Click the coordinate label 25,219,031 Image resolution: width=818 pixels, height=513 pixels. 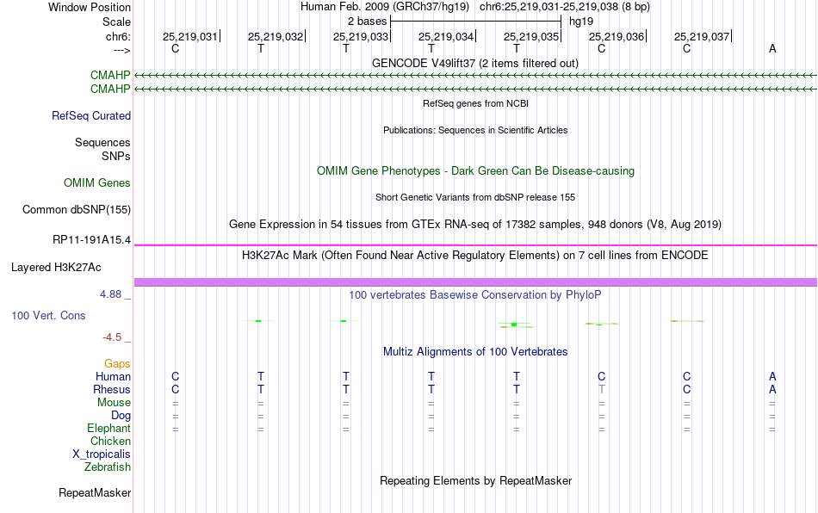point(190,36)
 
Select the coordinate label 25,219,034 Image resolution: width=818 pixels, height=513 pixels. point(445,36)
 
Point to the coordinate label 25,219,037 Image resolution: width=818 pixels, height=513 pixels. point(701,36)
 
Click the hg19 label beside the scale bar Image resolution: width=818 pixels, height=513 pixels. point(581,22)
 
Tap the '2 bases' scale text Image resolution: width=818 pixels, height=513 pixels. point(368,22)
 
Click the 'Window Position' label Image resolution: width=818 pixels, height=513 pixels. point(90,7)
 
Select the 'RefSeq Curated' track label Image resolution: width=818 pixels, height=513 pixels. point(91,115)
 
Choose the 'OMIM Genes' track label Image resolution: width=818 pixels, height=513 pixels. point(97,183)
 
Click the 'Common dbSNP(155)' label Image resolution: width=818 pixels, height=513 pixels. point(77,209)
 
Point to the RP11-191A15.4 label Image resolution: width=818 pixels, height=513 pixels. point(92,240)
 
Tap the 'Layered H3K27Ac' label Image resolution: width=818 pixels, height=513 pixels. point(56,268)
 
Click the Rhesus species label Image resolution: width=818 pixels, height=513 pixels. point(112,389)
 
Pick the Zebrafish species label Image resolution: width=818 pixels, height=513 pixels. point(108,467)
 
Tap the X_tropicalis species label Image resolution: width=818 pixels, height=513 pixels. point(102,454)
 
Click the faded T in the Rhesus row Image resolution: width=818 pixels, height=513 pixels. point(602,389)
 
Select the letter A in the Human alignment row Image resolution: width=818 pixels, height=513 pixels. point(772,376)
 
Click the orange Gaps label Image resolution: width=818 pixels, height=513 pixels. point(117,363)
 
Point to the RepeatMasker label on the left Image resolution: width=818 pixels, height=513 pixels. point(95,492)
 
